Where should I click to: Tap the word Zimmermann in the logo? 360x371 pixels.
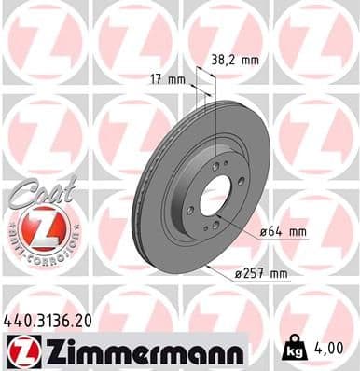click(x=138, y=350)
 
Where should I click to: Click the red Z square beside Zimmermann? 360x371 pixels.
click(x=21, y=350)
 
